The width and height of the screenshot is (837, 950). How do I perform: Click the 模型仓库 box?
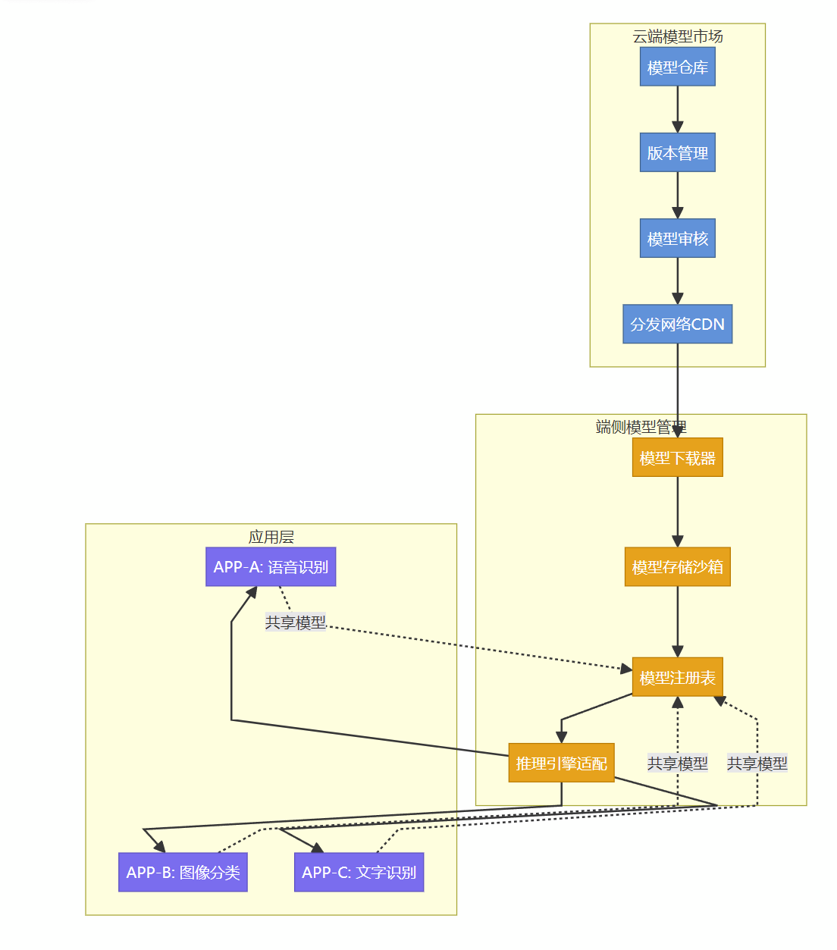point(677,67)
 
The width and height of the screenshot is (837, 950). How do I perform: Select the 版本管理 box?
point(677,152)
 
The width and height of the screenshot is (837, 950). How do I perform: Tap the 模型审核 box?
point(677,238)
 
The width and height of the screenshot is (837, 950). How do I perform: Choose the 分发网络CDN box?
point(677,324)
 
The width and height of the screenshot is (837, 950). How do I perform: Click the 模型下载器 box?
point(677,457)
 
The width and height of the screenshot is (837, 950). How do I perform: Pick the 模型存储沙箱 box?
point(677,566)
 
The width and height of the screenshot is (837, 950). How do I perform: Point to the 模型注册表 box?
point(677,676)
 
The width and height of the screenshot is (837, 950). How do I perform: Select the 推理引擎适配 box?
point(561,763)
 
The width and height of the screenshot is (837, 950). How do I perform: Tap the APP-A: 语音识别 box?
point(271,566)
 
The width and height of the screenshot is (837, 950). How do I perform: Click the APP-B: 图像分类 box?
point(183,872)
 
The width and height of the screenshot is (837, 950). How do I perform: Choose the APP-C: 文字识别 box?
point(359,872)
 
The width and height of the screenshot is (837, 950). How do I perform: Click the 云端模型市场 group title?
point(677,36)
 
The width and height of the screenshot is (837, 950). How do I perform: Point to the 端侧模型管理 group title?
point(641,427)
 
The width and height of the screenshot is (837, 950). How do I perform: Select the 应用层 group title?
point(271,537)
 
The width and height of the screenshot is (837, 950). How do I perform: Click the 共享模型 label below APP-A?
point(295,622)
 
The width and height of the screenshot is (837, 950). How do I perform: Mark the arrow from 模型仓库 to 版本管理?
point(677,109)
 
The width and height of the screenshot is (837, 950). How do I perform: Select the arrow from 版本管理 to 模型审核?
point(677,195)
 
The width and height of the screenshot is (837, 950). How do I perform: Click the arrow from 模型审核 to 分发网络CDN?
point(677,281)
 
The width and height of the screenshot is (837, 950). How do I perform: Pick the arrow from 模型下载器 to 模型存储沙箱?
point(677,512)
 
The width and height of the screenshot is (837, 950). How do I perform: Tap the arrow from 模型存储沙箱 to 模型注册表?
point(677,622)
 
